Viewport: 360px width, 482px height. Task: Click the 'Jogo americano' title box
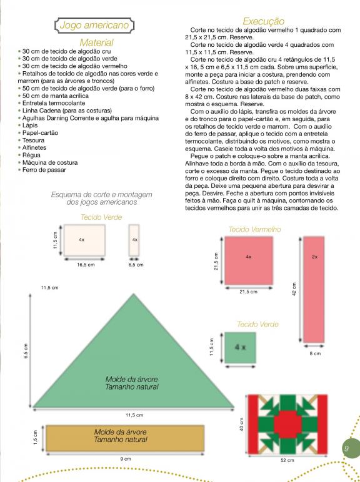[x=94, y=25]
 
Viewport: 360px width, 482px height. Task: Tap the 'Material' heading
[x=96, y=42]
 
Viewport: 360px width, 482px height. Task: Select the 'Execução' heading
[x=263, y=21]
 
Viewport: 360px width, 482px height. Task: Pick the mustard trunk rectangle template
[x=125, y=438]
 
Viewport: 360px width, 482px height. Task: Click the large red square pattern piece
[x=249, y=261]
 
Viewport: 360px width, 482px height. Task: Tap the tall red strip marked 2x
[x=314, y=289]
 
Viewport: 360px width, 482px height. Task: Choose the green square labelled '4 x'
[x=240, y=348]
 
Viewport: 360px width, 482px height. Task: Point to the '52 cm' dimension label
[x=287, y=460]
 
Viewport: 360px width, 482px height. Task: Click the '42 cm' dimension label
[x=294, y=289]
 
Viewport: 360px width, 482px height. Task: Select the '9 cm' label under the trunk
[x=126, y=459]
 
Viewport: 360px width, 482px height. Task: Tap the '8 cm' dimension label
[x=315, y=353]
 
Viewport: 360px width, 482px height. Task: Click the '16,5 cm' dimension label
[x=86, y=265]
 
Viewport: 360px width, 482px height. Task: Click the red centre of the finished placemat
[x=287, y=424]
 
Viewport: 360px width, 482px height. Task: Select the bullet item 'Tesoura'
[x=33, y=140]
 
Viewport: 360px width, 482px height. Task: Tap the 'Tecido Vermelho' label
[x=255, y=229]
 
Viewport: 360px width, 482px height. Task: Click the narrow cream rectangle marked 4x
[x=134, y=240]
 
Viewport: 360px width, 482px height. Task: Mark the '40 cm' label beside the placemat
[x=241, y=424]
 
